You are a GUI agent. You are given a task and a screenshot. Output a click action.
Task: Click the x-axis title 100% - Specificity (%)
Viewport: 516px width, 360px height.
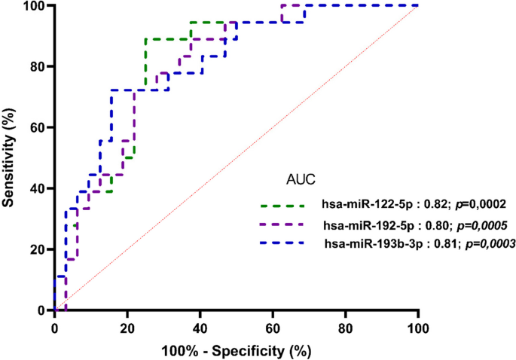(x=236, y=350)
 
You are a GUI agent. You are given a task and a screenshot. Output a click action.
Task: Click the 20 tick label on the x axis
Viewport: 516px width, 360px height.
(x=127, y=328)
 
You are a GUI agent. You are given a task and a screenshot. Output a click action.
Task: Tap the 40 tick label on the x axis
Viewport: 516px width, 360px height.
(x=200, y=328)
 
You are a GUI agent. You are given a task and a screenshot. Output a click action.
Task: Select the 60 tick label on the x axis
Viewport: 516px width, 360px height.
(x=273, y=328)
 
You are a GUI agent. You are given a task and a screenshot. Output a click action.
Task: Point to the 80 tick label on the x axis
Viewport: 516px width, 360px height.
(x=346, y=328)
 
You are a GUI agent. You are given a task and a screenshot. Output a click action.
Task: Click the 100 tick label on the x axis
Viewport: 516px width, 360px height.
(x=418, y=328)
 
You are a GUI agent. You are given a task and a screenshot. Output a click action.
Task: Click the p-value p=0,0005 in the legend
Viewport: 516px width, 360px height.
(x=479, y=224)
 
